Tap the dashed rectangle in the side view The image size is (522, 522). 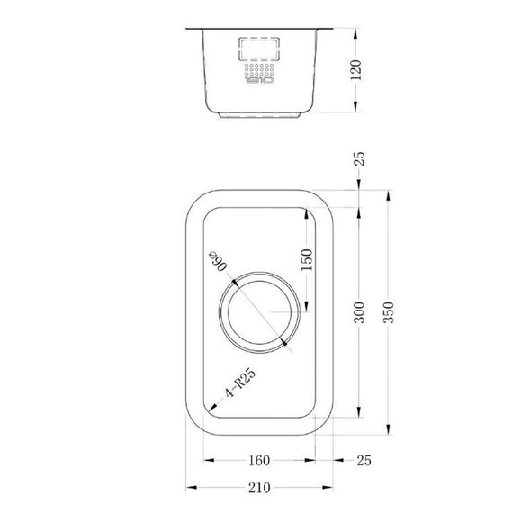259,49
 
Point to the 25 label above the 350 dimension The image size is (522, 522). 361,161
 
